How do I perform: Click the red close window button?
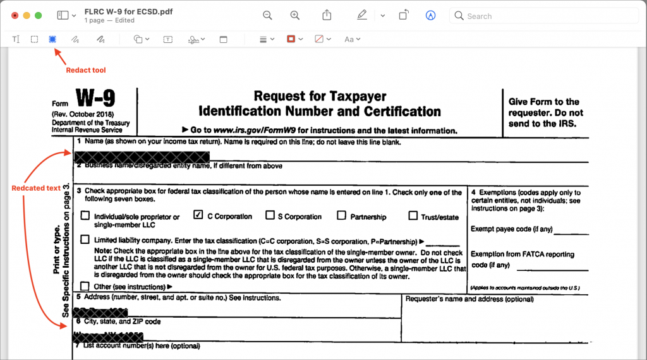click(14, 15)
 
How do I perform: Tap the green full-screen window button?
click(38, 15)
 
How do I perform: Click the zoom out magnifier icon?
click(267, 15)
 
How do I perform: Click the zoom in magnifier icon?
click(295, 15)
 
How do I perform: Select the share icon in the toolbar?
click(327, 15)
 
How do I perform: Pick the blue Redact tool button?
click(52, 39)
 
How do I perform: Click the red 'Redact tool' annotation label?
click(86, 70)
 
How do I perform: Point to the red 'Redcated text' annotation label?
click(37, 188)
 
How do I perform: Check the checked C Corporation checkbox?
click(198, 215)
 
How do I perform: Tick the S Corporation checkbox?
click(270, 215)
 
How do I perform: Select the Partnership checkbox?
click(341, 215)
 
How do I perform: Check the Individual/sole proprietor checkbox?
click(85, 216)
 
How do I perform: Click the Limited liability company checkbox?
click(85, 240)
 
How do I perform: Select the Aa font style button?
click(349, 39)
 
